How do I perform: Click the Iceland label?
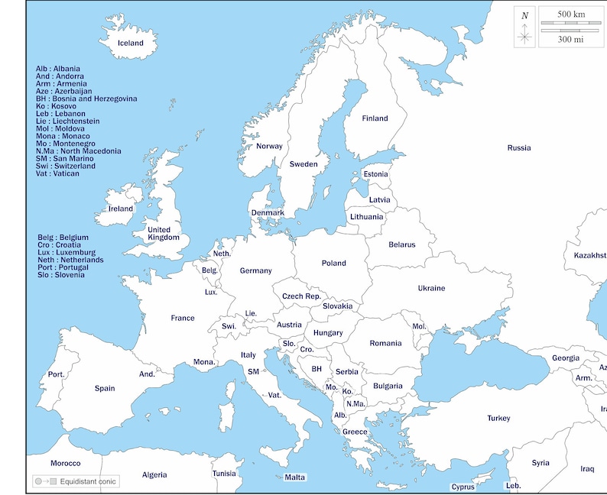(x=130, y=43)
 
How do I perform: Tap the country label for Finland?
(x=375, y=118)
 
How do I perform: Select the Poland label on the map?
(x=333, y=264)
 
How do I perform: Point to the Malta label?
(x=295, y=477)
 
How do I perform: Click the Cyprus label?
(x=463, y=487)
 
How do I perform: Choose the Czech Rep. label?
(x=301, y=296)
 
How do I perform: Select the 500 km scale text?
(x=570, y=15)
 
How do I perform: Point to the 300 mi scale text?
(x=570, y=39)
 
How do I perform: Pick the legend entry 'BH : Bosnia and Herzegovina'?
(x=86, y=99)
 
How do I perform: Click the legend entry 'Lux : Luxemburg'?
(x=67, y=252)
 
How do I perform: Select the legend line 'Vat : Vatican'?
(x=57, y=173)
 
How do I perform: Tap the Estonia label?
(x=375, y=174)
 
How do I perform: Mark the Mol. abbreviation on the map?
(x=419, y=326)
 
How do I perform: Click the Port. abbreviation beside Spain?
(x=56, y=374)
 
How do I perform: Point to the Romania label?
(x=385, y=344)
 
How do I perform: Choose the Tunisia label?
(x=224, y=474)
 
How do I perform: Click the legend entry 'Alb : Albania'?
(x=58, y=69)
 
